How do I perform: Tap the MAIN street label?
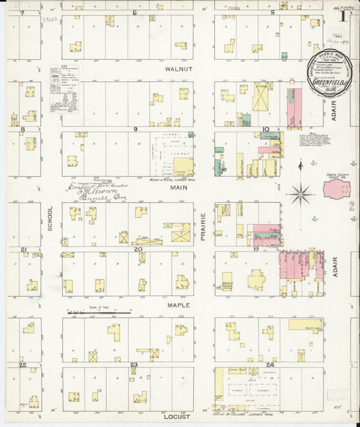pyautogui.click(x=179, y=189)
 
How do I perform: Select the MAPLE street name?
pyautogui.click(x=179, y=305)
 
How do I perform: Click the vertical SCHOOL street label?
pyautogui.click(x=51, y=218)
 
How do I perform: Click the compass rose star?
pyautogui.click(x=299, y=195)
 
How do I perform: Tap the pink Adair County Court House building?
pyautogui.click(x=336, y=189)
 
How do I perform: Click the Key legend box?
pyautogui.click(x=63, y=89)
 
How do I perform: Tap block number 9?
pyautogui.click(x=136, y=128)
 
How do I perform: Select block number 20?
pyautogui.click(x=138, y=249)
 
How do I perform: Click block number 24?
pyautogui.click(x=269, y=364)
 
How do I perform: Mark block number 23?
pyautogui.click(x=134, y=365)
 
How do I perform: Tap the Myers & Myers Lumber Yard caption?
pyautogui.click(x=169, y=180)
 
